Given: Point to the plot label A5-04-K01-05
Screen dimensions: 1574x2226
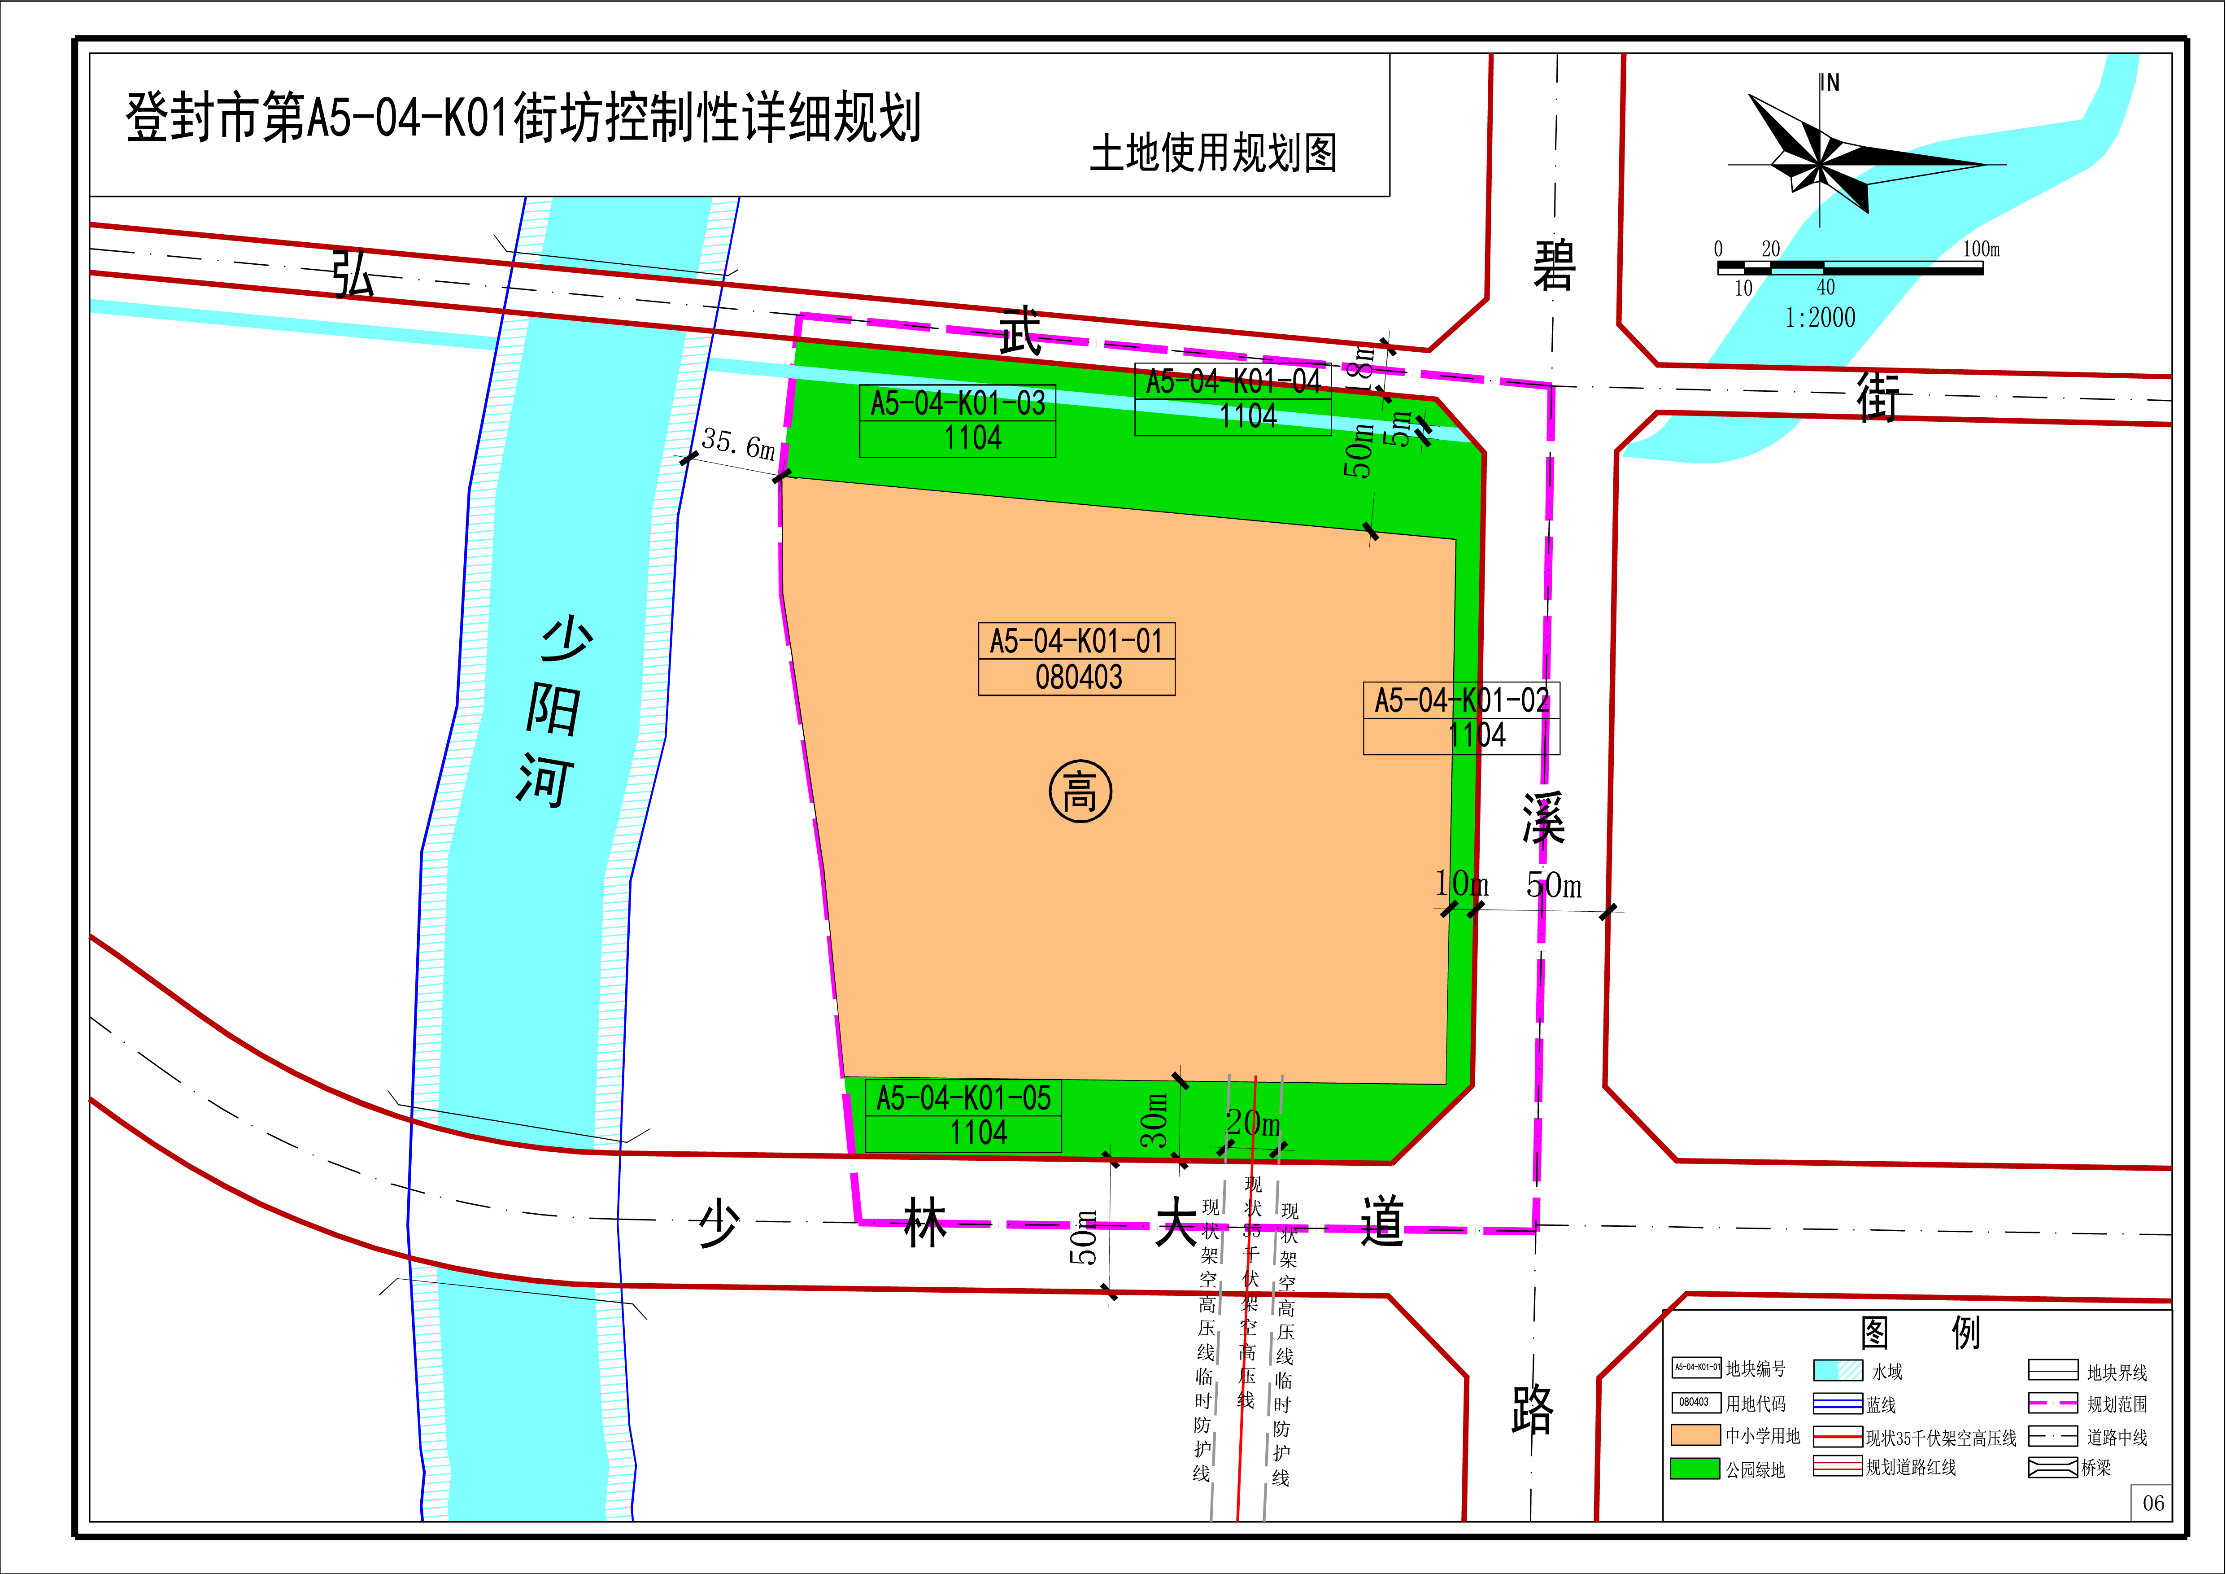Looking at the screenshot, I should pos(963,1098).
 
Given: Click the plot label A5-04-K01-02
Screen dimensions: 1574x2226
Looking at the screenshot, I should pos(1461,700).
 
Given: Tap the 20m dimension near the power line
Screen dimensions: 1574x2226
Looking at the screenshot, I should pos(1253,1123).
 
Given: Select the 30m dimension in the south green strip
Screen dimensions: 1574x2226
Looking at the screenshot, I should pos(1154,1120).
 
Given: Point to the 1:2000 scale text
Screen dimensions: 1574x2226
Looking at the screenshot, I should pos(1820,317).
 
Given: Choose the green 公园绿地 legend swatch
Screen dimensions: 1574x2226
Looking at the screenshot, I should pos(1695,1468).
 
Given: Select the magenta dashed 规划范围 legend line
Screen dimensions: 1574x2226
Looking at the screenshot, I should pos(2052,1403).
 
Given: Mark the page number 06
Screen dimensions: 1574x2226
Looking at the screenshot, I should pos(2153,1503).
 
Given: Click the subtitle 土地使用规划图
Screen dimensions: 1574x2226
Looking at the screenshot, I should pos(1214,153).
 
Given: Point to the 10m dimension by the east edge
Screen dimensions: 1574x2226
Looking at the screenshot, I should pos(1461,883).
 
